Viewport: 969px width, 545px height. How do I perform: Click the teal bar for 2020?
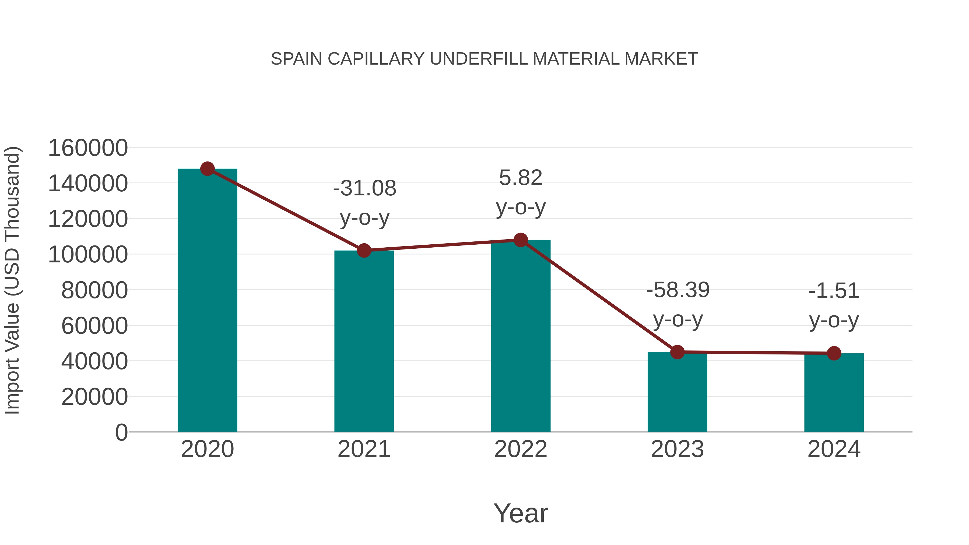point(207,301)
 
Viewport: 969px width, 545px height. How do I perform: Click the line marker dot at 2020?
point(207,169)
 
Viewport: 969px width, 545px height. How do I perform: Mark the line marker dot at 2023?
point(677,352)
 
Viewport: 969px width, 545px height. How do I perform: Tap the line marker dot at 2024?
point(834,353)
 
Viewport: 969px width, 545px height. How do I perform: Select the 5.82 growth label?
point(521,178)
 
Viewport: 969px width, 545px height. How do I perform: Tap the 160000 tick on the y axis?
point(88,148)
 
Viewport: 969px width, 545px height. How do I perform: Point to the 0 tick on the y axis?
point(121,433)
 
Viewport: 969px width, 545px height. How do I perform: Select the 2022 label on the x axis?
point(521,449)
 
